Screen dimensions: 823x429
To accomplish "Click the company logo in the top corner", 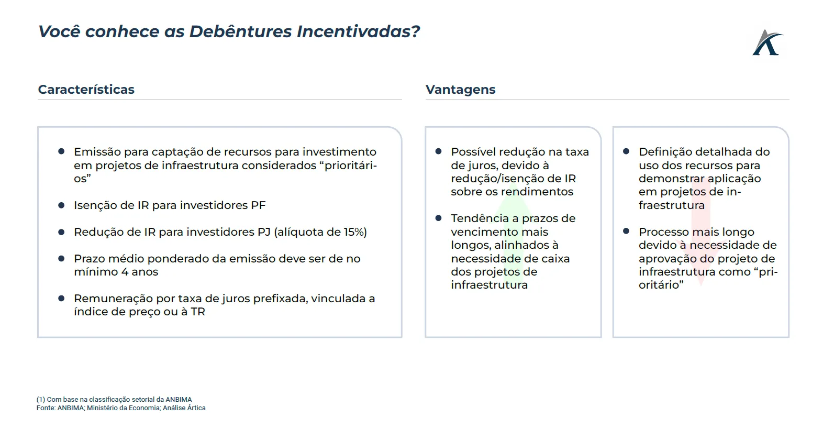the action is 768,42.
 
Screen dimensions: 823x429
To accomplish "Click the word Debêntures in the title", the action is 240,31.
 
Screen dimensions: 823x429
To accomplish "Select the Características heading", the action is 86,90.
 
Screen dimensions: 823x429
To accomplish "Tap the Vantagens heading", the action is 460,90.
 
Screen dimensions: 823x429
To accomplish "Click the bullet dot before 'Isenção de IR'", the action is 61,205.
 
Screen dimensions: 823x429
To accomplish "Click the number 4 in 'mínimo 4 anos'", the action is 125,272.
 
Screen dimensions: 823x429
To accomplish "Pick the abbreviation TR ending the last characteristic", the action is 198,311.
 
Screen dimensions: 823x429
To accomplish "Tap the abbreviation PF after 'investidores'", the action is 258,205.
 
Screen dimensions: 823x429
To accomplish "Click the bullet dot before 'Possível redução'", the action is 438,151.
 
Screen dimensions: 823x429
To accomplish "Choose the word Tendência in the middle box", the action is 480,218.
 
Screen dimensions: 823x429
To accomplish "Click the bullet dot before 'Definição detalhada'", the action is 626,151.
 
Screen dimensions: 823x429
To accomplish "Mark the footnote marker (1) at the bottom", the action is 41,400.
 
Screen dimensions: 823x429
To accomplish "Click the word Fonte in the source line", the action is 46,408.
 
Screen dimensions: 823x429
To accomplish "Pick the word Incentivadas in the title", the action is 358,31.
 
